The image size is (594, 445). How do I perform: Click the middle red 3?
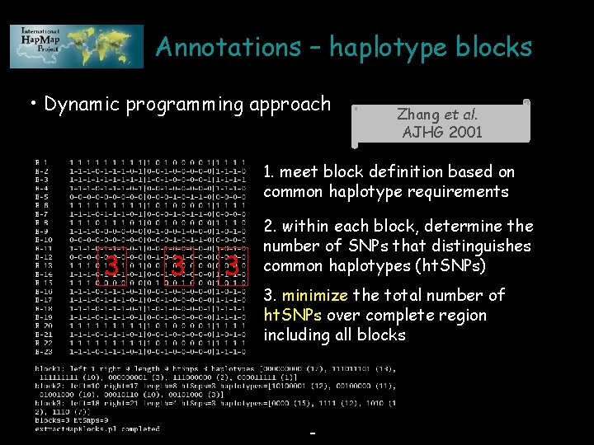(x=177, y=265)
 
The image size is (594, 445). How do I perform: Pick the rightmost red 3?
(x=233, y=265)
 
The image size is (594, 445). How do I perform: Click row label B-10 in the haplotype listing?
(x=44, y=241)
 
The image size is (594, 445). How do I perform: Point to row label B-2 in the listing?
(x=42, y=171)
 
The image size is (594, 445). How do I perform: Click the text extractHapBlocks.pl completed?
(x=97, y=429)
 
